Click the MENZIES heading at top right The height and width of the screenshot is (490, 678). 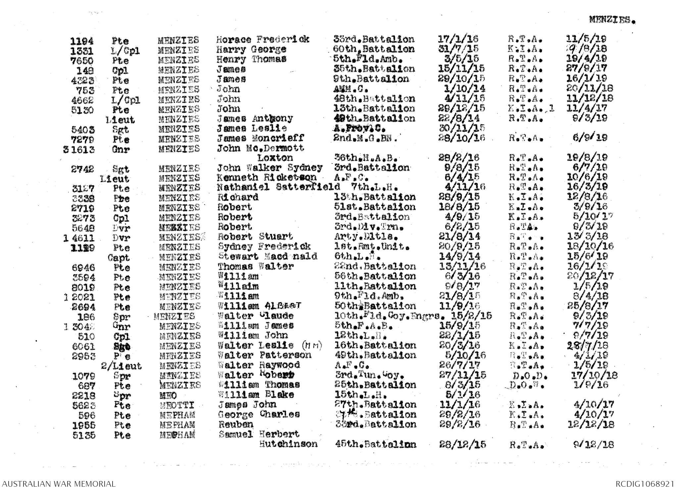click(612, 20)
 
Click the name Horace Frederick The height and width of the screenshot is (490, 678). click(263, 40)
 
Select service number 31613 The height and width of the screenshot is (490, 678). click(79, 150)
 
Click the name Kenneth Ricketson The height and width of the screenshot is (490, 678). click(266, 178)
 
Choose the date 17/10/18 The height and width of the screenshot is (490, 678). click(594, 376)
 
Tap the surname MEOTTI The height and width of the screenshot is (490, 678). click(176, 405)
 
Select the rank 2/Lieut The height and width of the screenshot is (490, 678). click(121, 366)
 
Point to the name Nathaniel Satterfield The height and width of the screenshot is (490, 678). click(278, 187)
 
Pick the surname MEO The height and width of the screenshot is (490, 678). click(168, 395)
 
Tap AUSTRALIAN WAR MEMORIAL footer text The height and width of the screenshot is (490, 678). click(58, 483)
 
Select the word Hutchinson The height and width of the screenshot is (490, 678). click(288, 444)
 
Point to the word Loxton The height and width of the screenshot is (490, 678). click(275, 158)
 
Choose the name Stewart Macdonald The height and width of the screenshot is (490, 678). click(267, 256)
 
